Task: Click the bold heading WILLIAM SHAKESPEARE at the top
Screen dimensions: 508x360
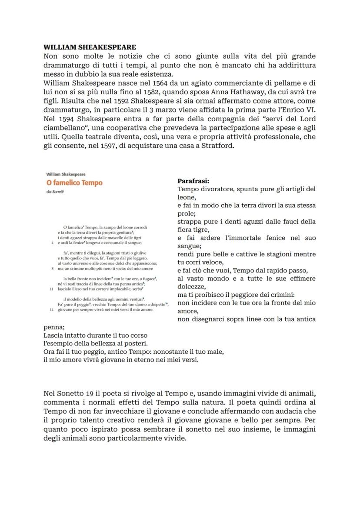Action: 90,47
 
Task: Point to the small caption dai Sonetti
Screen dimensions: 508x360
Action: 54,192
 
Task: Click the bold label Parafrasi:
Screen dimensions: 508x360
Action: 193,180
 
